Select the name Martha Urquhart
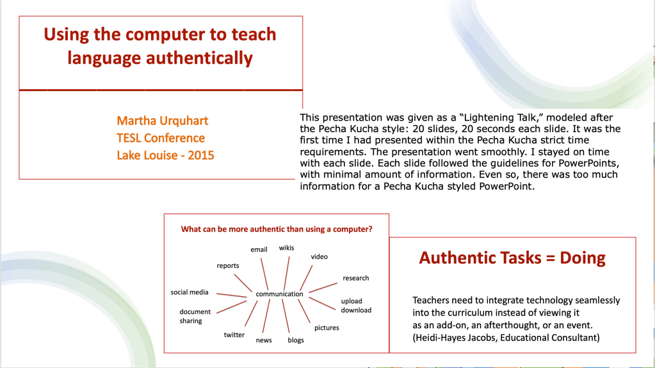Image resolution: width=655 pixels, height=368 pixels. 162,121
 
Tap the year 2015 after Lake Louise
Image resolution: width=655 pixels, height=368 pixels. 201,156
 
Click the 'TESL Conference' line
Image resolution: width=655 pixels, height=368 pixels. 161,138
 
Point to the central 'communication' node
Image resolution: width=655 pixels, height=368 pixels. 279,294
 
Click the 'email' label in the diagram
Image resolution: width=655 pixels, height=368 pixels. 259,249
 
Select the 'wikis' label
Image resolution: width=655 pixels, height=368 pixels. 287,248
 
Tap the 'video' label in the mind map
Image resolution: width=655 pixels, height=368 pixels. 319,256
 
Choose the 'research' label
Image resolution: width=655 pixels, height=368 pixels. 356,278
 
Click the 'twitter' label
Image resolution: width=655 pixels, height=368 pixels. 234,335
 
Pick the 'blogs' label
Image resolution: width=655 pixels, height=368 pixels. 296,340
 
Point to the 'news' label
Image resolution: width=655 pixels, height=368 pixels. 264,340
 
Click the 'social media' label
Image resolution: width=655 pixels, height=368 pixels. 190,292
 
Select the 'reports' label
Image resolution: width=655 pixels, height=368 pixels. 228,266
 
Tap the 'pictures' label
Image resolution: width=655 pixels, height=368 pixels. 327,328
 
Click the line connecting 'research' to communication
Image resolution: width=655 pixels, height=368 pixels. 323,288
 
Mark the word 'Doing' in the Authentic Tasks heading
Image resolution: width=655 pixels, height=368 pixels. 582,258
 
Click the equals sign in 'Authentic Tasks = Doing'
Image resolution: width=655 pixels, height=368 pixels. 551,258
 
